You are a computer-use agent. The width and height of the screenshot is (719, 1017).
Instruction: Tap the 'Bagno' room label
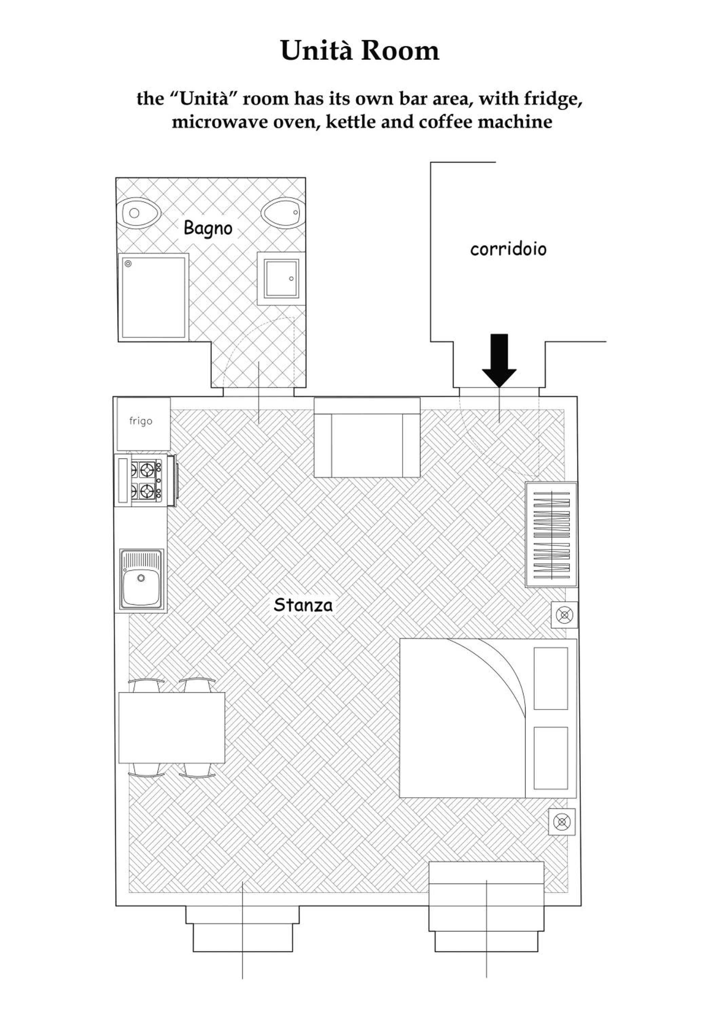pos(208,228)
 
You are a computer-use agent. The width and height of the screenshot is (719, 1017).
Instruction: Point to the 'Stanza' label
pos(303,605)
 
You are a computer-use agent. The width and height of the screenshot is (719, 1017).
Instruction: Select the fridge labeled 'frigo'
pos(143,424)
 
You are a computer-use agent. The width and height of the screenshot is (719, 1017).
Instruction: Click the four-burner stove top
pos(146,480)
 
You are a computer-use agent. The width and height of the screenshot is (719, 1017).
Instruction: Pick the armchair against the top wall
pos(367,437)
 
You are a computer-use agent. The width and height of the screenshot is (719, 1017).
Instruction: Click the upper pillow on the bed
pos(551,679)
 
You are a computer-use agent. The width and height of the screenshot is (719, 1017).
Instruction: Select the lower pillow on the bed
pos(551,758)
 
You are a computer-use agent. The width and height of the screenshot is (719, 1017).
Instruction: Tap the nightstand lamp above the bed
pos(564,615)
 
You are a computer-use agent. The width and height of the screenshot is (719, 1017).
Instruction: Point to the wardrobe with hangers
pos(551,534)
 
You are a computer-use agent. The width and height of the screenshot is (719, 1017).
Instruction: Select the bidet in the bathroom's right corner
pos(282,213)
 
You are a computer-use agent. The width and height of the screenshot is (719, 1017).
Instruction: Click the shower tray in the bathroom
pos(153,297)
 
